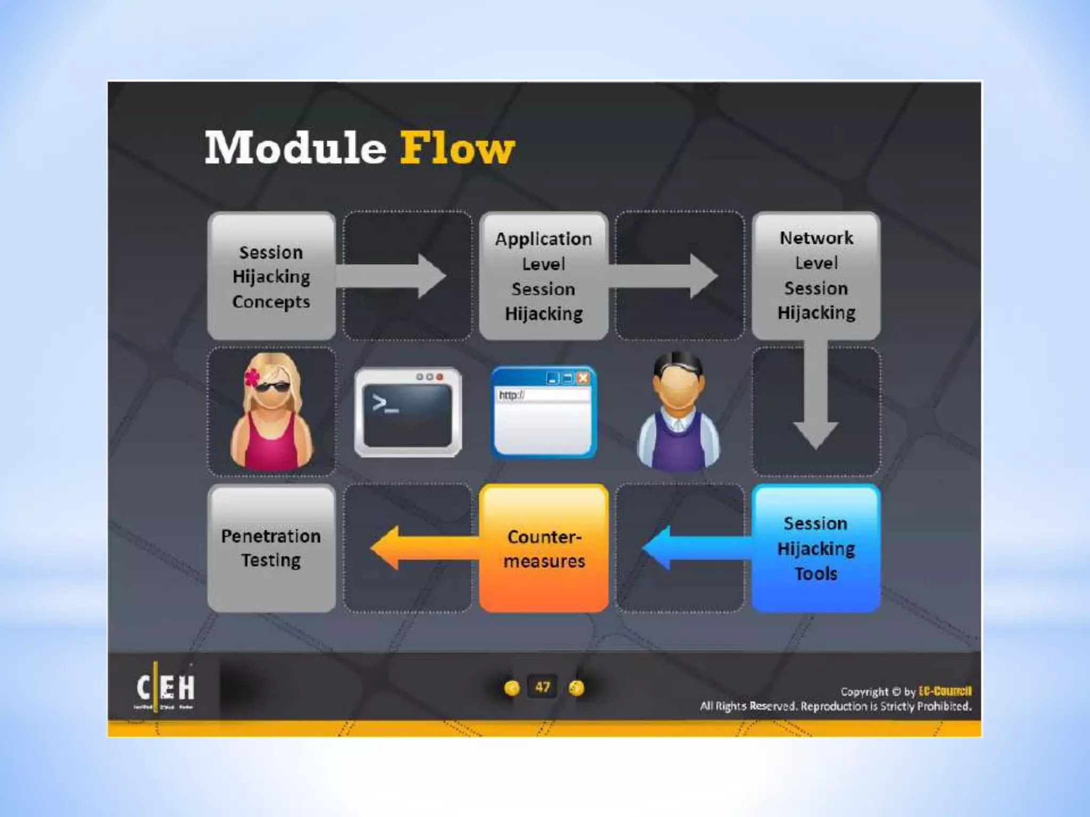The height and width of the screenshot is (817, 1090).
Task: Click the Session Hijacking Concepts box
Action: (x=271, y=276)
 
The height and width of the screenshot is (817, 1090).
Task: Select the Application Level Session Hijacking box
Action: (x=543, y=276)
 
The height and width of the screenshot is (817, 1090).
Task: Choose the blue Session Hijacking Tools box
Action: (x=816, y=548)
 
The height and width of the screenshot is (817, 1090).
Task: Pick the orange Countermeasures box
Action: (x=543, y=548)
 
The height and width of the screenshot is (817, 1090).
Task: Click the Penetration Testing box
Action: (x=271, y=548)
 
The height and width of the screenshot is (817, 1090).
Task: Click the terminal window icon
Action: (x=408, y=412)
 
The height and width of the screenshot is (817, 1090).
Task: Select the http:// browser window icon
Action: (x=543, y=412)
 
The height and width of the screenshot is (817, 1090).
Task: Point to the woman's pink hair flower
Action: (x=252, y=377)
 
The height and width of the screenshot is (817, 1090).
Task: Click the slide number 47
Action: (x=542, y=687)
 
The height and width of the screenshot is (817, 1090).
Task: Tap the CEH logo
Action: (x=166, y=688)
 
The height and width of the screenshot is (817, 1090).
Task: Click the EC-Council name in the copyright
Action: (x=945, y=691)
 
